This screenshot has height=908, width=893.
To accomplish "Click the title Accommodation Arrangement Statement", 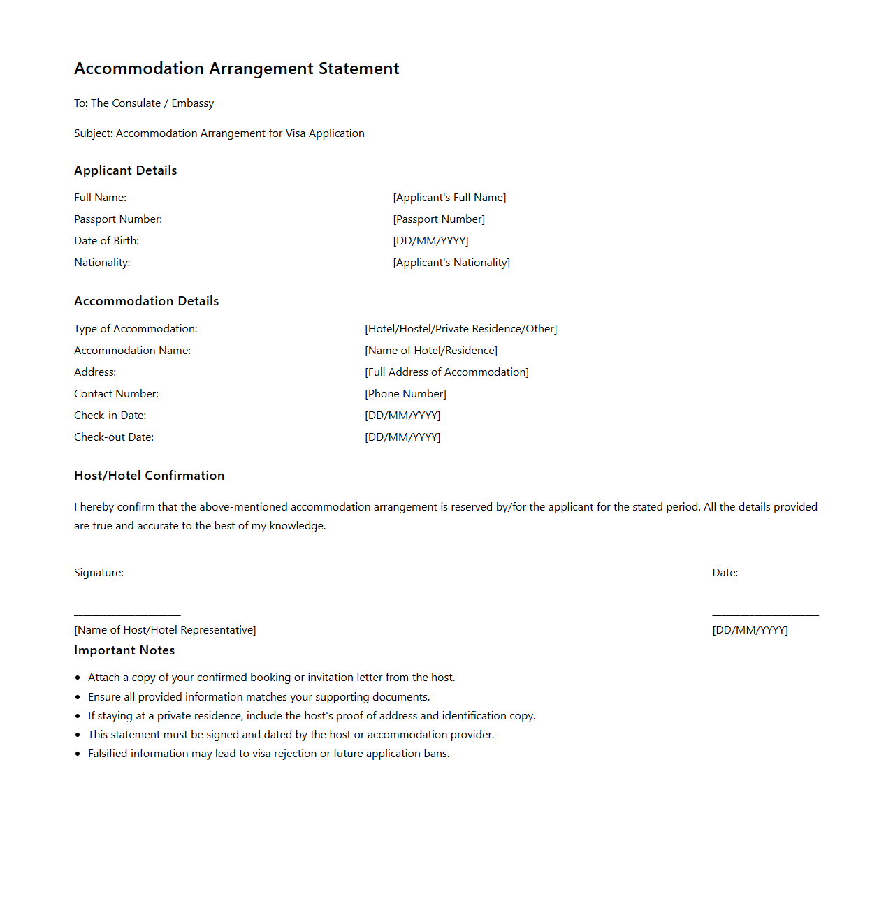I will coord(236,68).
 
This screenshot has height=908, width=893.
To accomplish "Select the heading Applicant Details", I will coord(126,170).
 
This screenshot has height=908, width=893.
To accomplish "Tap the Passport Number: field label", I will coord(118,219).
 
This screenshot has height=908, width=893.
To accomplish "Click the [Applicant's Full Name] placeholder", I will coord(449,198).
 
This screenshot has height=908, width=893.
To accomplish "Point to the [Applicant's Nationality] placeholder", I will coord(451,263).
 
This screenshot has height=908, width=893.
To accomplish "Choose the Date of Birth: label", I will coord(107,241).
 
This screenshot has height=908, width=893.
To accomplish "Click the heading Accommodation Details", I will coord(147,301).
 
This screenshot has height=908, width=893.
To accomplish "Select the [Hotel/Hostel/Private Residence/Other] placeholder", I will coord(460,329).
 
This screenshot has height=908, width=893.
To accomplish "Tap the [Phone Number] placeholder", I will coord(405,394).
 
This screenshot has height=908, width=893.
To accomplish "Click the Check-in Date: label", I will coord(110,416).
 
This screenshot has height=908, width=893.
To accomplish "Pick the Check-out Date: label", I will coord(114,437).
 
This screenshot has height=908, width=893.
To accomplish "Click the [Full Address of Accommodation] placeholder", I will coord(446,372).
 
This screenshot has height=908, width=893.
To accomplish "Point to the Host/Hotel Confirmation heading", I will coord(150,476).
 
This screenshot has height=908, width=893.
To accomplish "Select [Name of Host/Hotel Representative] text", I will coord(165,630).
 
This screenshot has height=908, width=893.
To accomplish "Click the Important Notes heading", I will coord(124,650).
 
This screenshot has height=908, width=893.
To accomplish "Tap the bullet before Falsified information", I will coord(78,754).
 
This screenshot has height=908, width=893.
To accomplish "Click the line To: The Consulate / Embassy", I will coord(144,103).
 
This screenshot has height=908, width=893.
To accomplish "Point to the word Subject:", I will coord(94,133).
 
